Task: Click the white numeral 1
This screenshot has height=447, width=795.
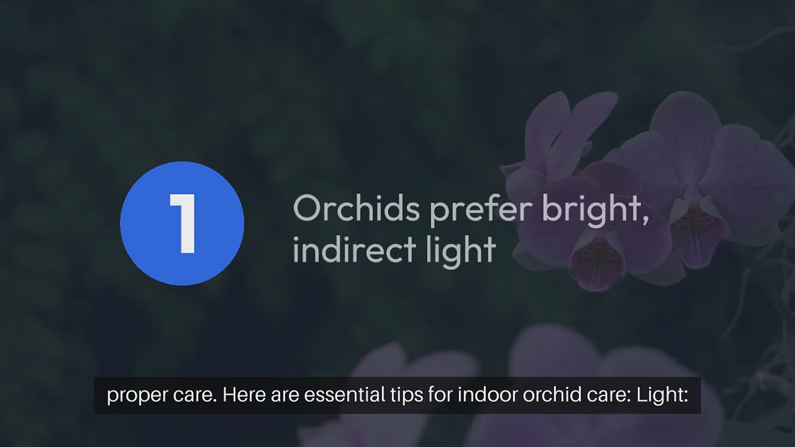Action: click(183, 223)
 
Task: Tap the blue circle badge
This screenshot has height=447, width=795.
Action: click(182, 223)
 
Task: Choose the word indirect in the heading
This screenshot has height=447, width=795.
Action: click(354, 249)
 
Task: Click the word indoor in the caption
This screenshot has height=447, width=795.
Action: click(487, 394)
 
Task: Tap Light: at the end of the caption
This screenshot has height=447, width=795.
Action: click(662, 395)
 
